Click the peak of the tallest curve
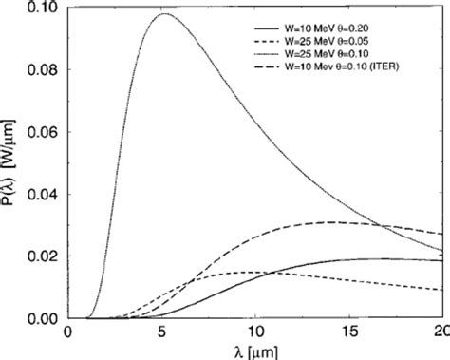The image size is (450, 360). pyautogui.click(x=165, y=15)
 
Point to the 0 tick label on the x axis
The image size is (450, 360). pyautogui.click(x=67, y=332)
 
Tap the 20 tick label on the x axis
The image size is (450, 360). pyautogui.click(x=439, y=332)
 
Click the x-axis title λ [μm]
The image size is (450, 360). pyautogui.click(x=253, y=351)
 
